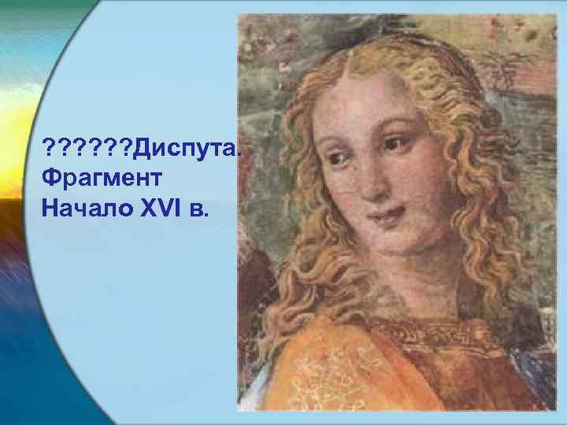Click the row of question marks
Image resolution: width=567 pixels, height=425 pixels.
[x=89, y=146]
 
